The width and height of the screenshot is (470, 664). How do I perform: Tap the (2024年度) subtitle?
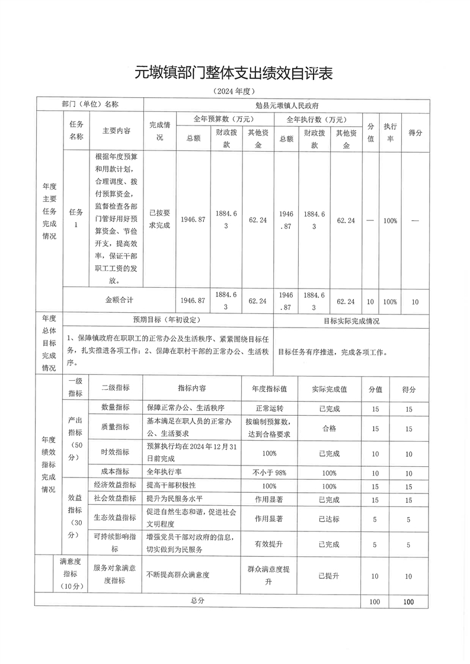[234, 92]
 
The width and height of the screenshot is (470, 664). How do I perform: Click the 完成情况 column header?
[159, 131]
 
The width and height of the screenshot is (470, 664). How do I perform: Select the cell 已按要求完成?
[159, 220]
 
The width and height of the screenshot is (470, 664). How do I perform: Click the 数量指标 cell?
[115, 408]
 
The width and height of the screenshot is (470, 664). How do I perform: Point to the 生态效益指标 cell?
[115, 518]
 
